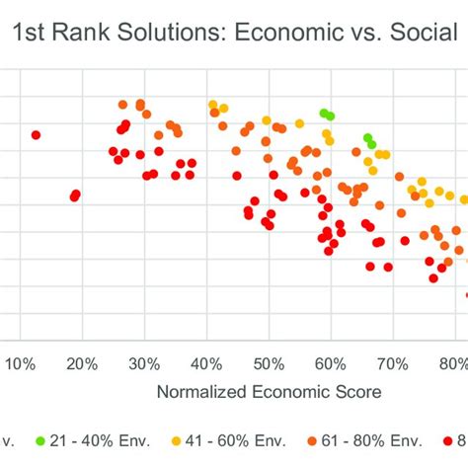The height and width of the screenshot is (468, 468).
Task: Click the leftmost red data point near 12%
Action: (36, 134)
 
